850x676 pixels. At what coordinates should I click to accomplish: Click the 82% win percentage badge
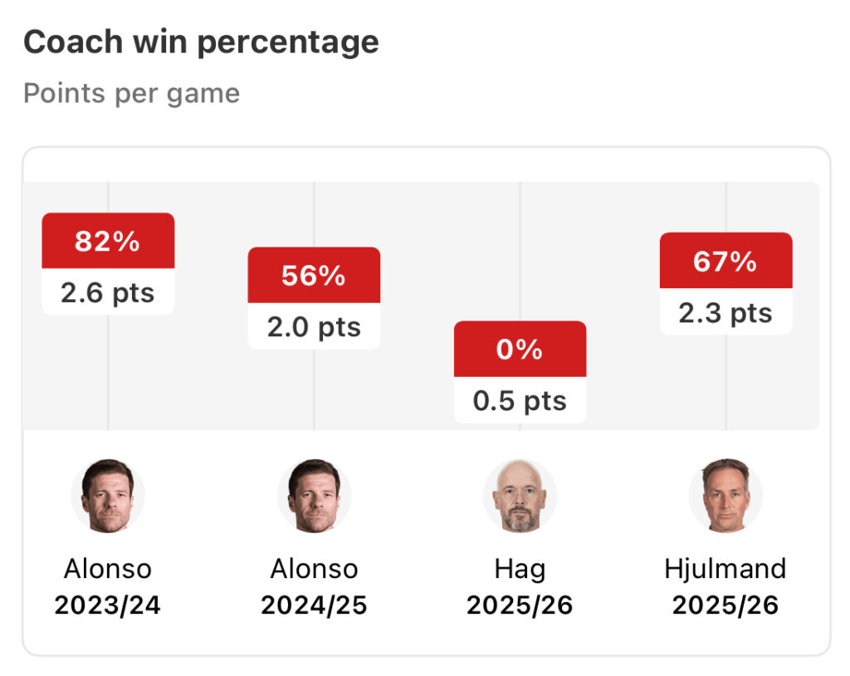[x=108, y=242]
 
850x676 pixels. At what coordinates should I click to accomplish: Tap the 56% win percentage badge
[x=314, y=276]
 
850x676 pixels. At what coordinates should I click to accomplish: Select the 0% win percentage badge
[x=520, y=350]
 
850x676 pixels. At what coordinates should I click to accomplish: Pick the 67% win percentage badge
[x=725, y=262]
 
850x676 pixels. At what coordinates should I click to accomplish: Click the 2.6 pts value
[x=108, y=292]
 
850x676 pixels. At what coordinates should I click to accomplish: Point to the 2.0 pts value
[x=314, y=326]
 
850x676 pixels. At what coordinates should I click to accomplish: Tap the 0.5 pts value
[x=520, y=401]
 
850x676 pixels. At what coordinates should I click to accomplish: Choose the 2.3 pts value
[x=725, y=313]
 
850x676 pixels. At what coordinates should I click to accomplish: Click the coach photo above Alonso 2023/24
[x=108, y=496]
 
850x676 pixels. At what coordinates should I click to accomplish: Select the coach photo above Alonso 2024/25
[x=314, y=496]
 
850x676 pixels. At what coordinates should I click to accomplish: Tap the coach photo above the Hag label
[x=520, y=496]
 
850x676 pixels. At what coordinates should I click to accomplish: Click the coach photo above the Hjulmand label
[x=725, y=496]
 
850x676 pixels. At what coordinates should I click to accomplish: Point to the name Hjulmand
[x=725, y=569]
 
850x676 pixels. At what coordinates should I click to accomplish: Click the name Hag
[x=520, y=569]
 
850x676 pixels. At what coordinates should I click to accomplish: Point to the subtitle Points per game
[x=131, y=93]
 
